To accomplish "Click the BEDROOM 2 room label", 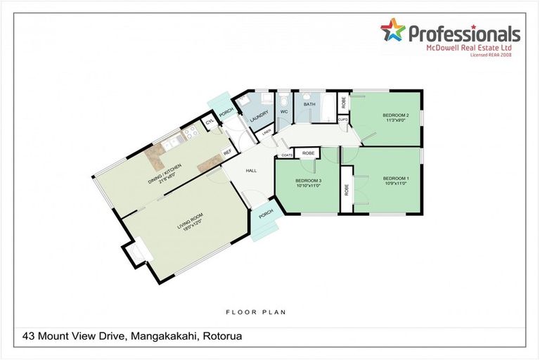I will point(396,115).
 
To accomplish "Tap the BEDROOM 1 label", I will point(396,178).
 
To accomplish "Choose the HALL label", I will point(250,170).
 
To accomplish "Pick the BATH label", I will point(309,105).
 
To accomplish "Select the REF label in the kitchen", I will point(227,152).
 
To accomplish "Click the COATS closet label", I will point(286,154).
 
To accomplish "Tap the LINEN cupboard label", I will point(266,131).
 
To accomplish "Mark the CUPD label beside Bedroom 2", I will point(342,120).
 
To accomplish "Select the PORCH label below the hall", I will point(266,214).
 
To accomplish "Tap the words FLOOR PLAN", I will point(255,311).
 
